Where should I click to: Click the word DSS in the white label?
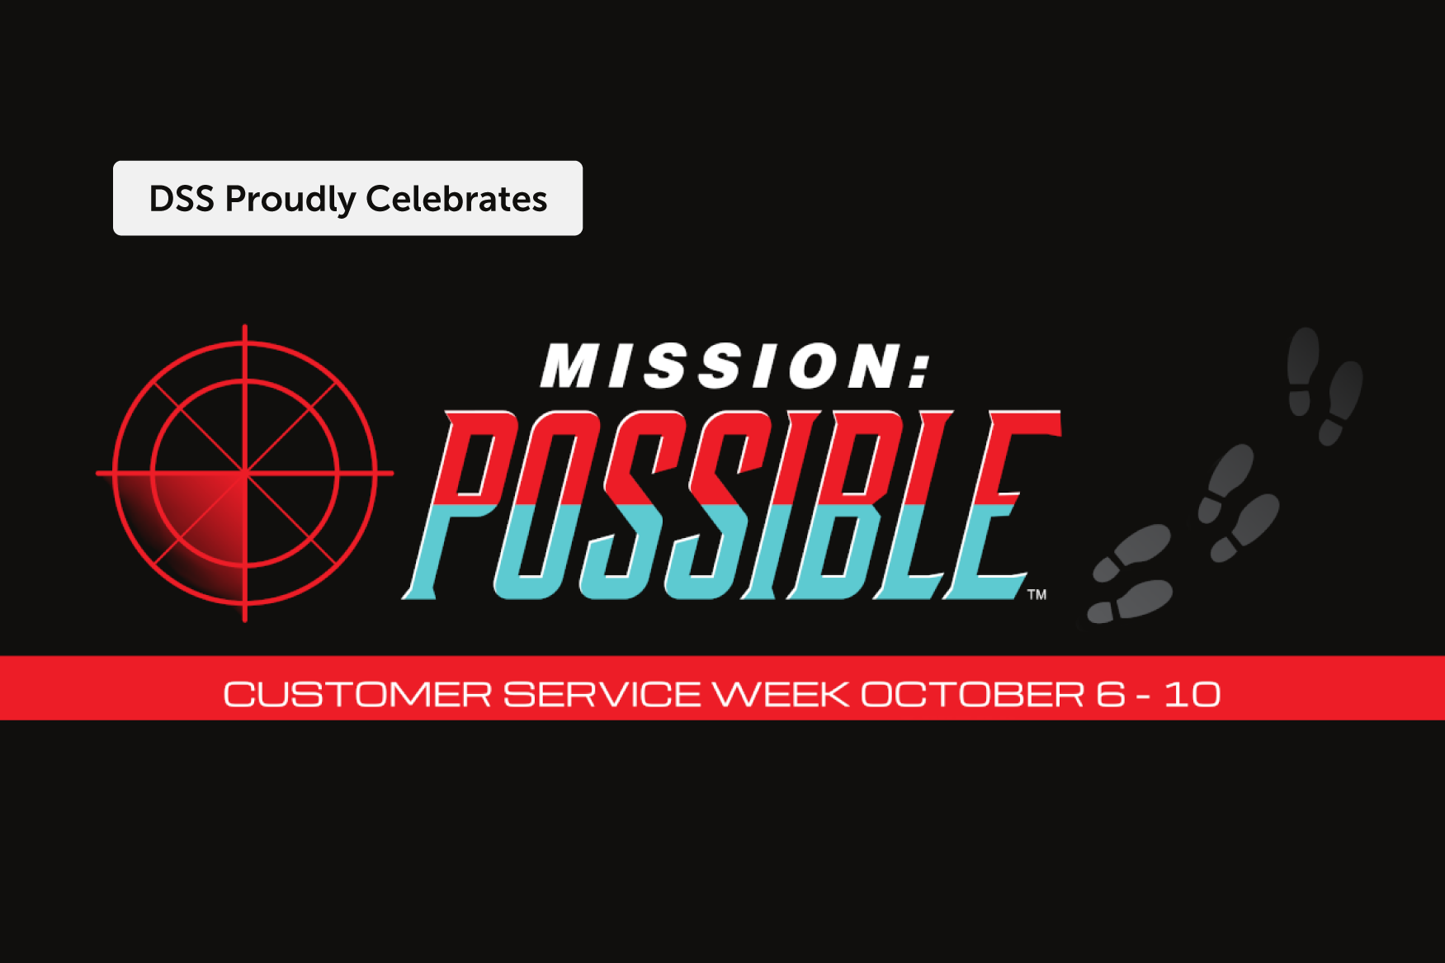182,199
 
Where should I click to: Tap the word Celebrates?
456,199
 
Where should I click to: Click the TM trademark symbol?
1037,594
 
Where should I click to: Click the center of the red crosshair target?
245,473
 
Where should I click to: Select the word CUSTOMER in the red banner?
357,695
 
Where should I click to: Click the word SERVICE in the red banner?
602,695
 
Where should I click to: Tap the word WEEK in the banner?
781,695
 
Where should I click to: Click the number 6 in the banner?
1111,695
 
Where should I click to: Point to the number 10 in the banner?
1192,695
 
